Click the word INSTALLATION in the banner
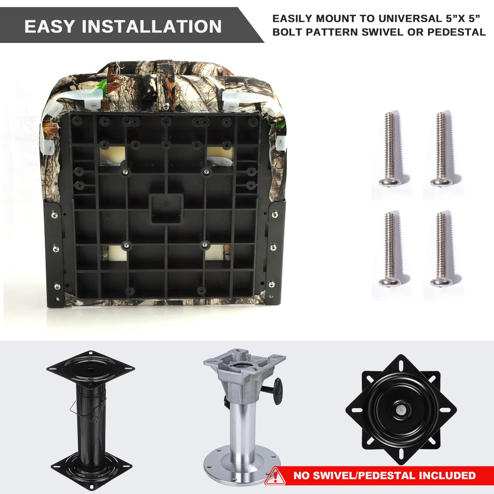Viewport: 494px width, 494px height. click(x=152, y=26)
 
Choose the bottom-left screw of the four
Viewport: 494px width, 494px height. click(x=390, y=249)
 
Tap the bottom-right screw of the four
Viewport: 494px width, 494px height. click(x=442, y=249)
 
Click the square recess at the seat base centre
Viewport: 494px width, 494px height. click(x=166, y=208)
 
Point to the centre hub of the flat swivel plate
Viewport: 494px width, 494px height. click(x=401, y=410)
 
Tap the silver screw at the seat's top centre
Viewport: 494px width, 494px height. click(x=166, y=106)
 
